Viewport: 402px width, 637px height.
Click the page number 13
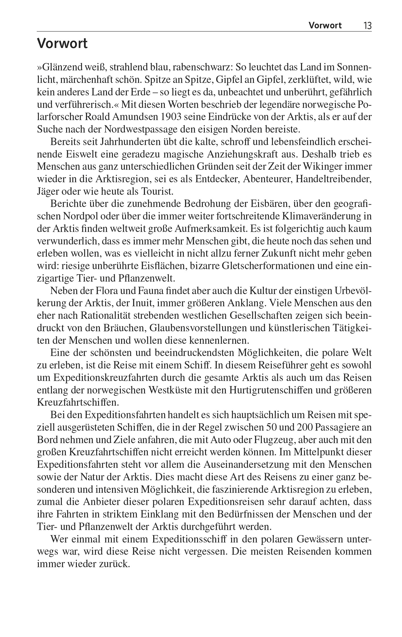367,26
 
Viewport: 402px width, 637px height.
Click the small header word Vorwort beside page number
325,26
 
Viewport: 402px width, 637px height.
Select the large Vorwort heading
62,44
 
